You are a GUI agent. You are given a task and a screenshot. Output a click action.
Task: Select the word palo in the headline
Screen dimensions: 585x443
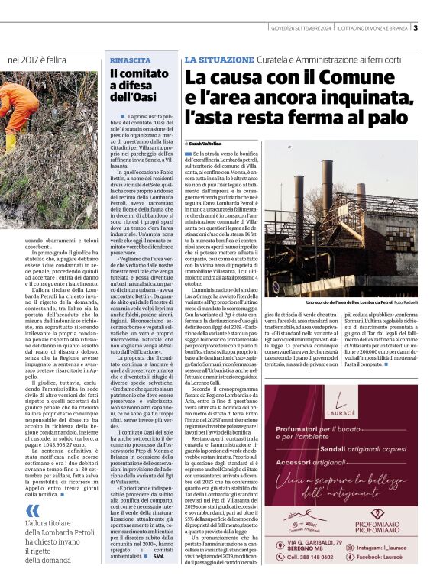381,116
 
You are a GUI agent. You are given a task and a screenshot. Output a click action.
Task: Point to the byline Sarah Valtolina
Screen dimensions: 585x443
205,144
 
